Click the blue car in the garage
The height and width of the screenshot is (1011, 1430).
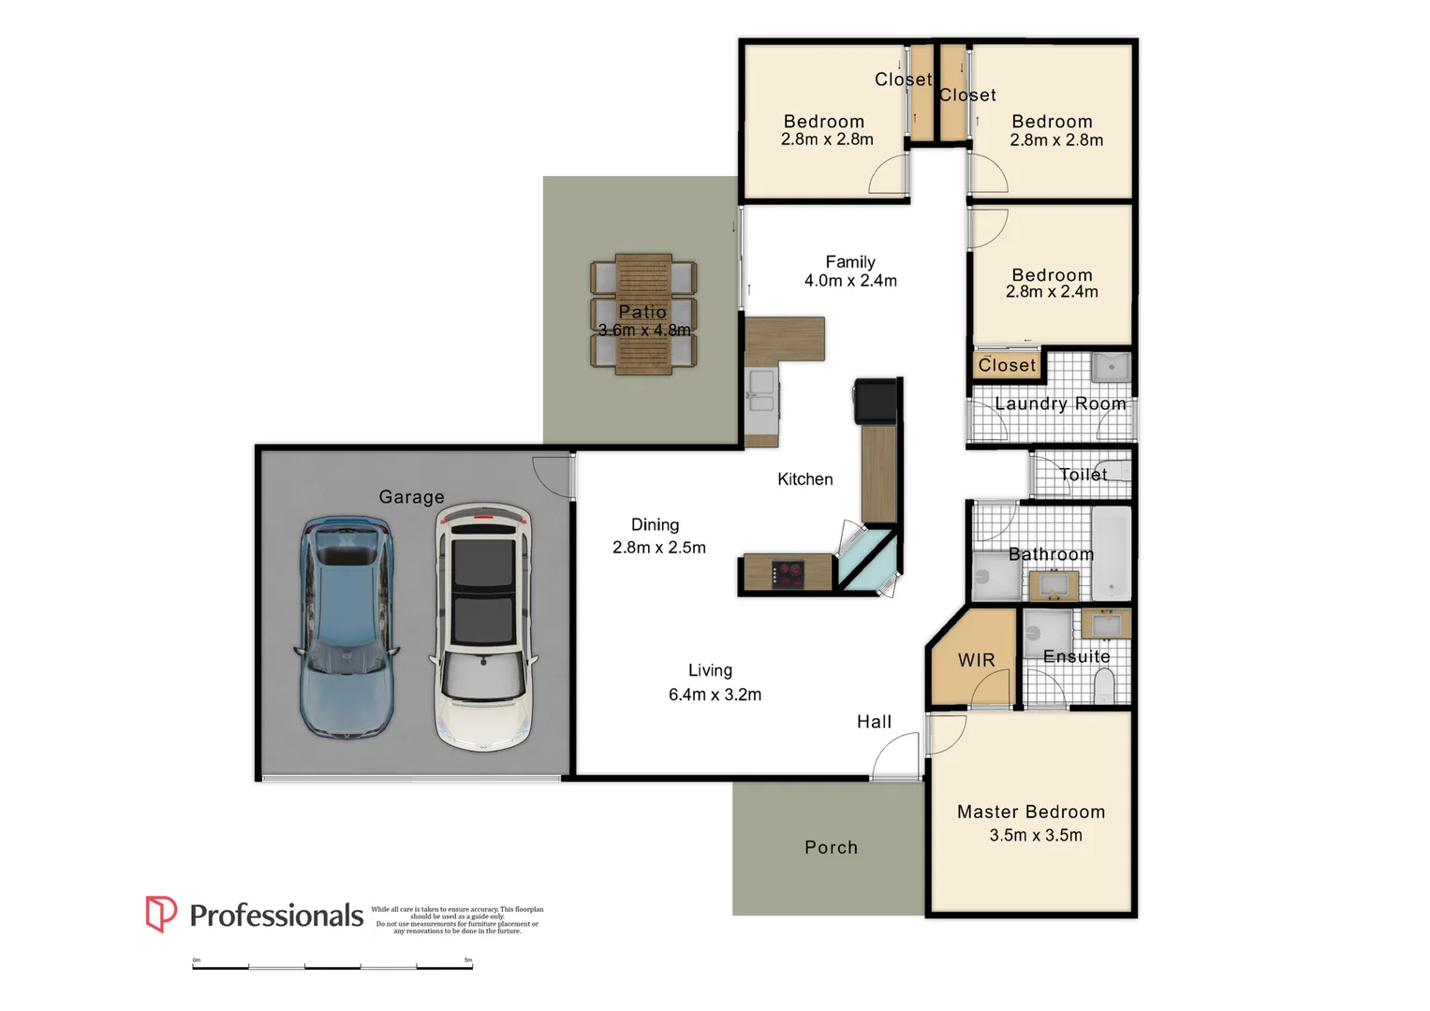point(346,627)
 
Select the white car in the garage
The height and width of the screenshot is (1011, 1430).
point(483,627)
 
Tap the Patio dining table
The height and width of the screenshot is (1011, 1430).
point(643,314)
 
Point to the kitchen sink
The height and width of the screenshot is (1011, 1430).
point(761,391)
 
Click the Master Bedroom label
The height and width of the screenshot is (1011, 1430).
point(1031,812)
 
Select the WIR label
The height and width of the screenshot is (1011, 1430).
point(976,660)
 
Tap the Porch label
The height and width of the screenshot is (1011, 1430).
point(831,847)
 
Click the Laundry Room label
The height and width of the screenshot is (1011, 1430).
point(1060,403)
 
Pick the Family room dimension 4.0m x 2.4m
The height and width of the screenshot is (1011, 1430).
point(850,281)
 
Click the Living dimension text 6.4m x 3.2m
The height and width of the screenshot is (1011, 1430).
point(715,695)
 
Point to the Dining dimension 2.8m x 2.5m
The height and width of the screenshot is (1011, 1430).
point(659,548)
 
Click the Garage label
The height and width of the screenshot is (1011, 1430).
point(411,497)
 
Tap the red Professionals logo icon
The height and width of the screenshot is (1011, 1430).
point(160,914)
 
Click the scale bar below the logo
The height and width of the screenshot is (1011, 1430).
point(332,966)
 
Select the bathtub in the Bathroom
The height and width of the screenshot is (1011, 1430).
point(1112,552)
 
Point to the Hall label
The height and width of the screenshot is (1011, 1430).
point(874,722)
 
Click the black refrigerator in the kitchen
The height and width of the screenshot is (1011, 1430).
point(876,402)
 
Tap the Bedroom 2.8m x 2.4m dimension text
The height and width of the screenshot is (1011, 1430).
point(1052,292)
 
